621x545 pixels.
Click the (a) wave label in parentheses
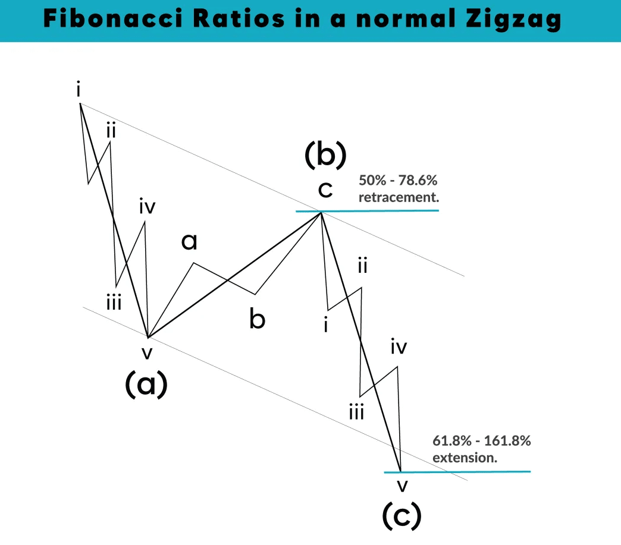pos(146,385)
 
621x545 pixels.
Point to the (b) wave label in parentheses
pos(325,155)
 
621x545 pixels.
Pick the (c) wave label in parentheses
pos(402,515)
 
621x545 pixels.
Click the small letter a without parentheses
pos(189,241)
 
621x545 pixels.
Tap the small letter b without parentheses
pos(257,319)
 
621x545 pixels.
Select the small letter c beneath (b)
pos(325,190)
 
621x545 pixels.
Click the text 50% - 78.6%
pos(398,181)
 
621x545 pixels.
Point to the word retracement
pos(399,197)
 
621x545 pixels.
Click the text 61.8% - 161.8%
pos(481,442)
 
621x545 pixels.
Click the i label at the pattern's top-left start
pos(79,90)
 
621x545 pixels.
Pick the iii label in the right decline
pos(356,411)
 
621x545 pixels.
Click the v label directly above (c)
pos(403,485)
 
